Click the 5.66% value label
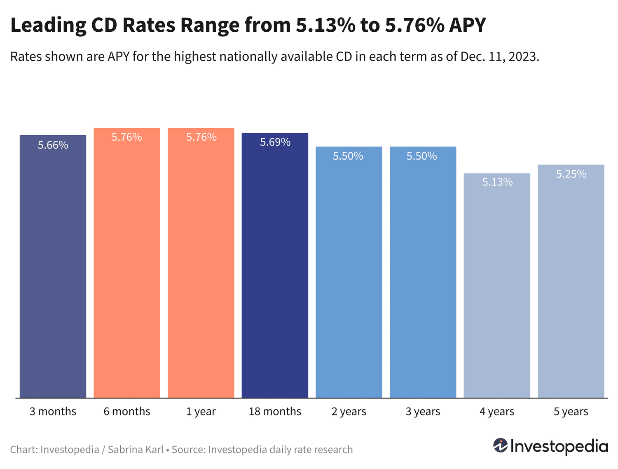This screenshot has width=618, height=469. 53,145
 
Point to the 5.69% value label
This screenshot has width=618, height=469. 275,142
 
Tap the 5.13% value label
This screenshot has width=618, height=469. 497,182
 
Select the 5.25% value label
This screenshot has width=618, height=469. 571,174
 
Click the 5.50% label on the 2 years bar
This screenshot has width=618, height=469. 348,156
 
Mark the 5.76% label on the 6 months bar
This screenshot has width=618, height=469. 127,137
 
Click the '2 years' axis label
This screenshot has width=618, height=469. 349,412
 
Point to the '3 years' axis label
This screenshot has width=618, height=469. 423,412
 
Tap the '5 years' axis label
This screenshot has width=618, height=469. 571,412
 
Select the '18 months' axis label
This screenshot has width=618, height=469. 275,412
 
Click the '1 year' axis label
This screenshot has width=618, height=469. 201,412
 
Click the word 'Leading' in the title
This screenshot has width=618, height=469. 48,26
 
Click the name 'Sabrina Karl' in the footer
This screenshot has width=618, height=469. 136,450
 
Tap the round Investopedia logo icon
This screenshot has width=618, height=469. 500,446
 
